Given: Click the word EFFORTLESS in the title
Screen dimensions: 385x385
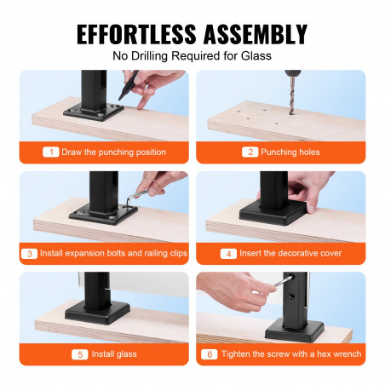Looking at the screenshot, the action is (136, 34).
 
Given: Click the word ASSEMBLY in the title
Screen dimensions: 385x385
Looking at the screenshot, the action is (256, 34).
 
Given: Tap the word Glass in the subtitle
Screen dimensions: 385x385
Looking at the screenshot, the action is (256, 55).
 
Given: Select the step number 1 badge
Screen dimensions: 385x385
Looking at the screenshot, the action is (51, 152).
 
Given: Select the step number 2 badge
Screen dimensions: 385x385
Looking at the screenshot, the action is (250, 152).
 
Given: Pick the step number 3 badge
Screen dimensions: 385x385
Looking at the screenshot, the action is (29, 253).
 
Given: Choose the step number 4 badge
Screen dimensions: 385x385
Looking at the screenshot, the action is (228, 253).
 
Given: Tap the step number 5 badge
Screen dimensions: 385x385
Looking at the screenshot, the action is (80, 354).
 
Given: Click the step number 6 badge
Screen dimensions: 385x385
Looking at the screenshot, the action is (210, 354).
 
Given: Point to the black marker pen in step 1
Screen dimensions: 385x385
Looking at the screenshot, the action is (129, 84).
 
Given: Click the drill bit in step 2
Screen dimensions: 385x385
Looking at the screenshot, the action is (292, 95).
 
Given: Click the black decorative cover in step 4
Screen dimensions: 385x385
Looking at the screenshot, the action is (273, 213).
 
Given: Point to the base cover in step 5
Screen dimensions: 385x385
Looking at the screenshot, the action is (97, 313).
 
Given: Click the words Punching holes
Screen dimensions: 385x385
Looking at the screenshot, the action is (290, 152).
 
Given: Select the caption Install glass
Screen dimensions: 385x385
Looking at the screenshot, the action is (114, 354).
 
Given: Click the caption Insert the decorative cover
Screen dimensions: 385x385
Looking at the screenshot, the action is (290, 253).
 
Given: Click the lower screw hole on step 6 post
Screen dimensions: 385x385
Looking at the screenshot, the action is (291, 297).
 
